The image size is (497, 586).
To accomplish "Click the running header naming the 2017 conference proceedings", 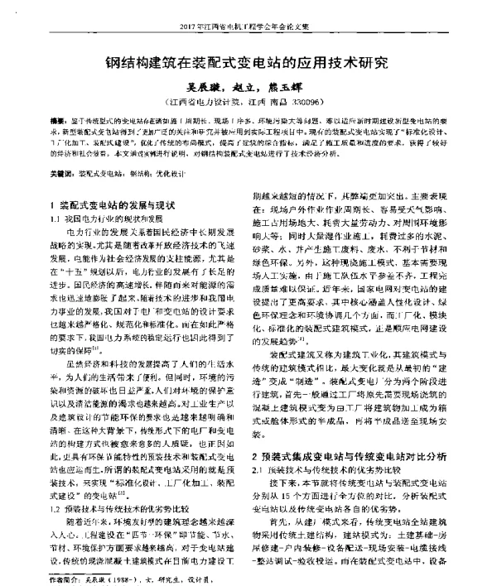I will (248, 25).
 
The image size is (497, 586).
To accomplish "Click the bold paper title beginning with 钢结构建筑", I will (248, 62).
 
